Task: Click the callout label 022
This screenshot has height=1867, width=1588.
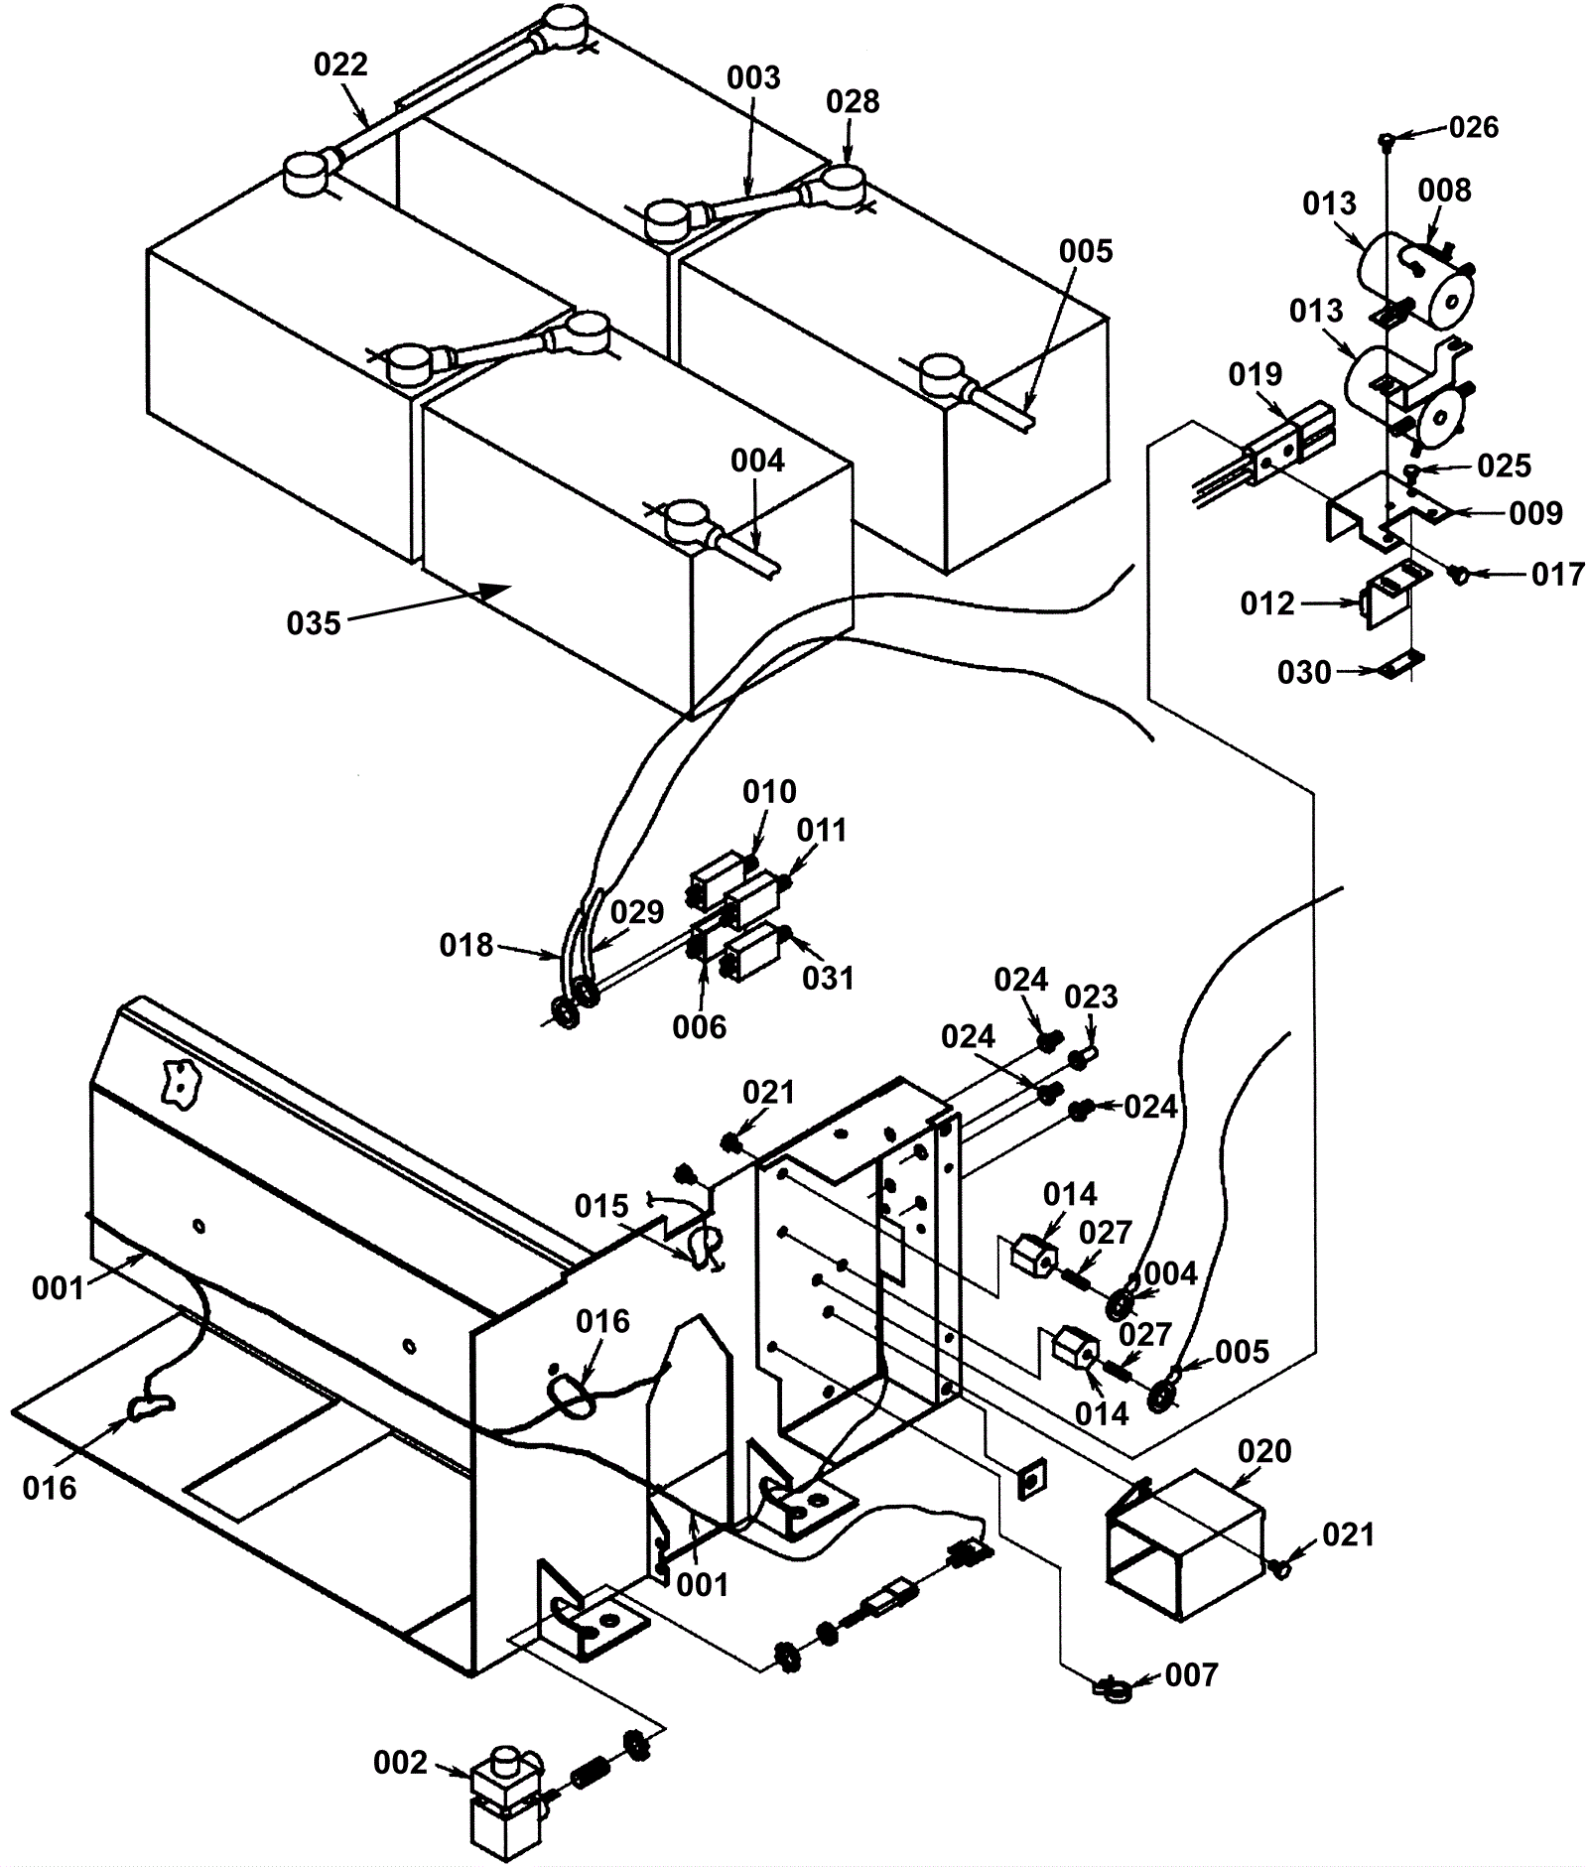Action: [340, 65]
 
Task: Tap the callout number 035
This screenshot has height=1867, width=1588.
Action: [314, 623]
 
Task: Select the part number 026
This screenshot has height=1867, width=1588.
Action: [1474, 127]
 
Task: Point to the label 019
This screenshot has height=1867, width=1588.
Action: [1256, 374]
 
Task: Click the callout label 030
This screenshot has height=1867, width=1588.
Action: [1304, 673]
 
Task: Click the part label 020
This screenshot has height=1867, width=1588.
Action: [1265, 1451]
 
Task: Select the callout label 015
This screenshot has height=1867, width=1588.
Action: [602, 1206]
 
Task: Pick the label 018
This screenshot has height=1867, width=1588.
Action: [466, 945]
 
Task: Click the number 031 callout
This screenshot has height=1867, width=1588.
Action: [828, 978]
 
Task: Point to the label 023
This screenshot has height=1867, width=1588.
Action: [1091, 996]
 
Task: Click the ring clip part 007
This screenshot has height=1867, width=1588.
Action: [1109, 1684]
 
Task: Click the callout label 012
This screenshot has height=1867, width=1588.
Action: [1267, 603]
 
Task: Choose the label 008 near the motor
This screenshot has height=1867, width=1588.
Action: [1444, 191]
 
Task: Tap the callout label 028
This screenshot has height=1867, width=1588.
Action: [853, 101]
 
